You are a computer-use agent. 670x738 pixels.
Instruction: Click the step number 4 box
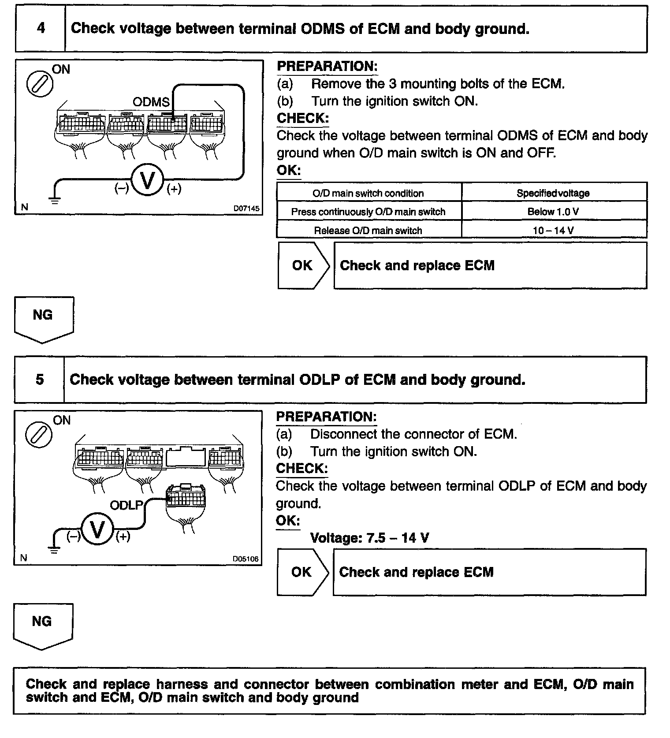(x=41, y=29)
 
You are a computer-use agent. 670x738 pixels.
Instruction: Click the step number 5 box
(x=40, y=380)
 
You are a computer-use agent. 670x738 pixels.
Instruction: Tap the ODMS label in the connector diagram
(x=151, y=102)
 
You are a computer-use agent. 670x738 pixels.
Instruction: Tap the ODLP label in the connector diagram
(x=127, y=505)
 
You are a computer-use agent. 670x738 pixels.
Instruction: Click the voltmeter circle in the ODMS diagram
(x=147, y=181)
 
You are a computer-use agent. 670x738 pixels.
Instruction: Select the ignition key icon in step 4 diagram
(x=40, y=82)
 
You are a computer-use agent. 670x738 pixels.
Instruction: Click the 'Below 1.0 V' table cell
(x=554, y=212)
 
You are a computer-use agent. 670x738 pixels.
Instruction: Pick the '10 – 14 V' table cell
(x=554, y=230)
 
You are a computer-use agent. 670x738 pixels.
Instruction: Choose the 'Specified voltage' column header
(x=554, y=193)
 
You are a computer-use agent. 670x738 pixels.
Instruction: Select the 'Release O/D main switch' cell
(x=368, y=230)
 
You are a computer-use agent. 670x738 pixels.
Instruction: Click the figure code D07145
(x=246, y=208)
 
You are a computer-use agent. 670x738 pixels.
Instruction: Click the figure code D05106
(x=246, y=559)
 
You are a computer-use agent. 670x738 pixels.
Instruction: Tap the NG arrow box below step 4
(x=43, y=318)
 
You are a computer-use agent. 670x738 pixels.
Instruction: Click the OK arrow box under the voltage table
(x=303, y=265)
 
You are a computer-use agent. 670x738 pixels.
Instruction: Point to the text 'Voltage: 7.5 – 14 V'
(x=369, y=538)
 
